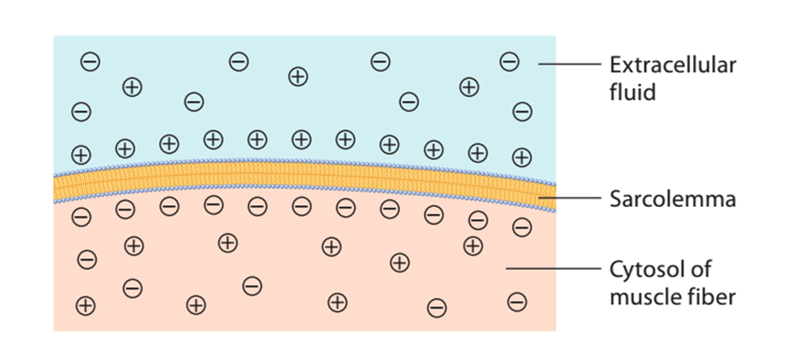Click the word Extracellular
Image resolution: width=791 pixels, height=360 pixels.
point(673,65)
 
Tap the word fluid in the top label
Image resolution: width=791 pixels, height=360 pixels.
point(633,93)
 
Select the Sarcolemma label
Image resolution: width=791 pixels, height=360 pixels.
point(672,200)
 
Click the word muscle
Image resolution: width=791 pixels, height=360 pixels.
point(643,296)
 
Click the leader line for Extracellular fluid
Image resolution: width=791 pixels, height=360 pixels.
point(570,64)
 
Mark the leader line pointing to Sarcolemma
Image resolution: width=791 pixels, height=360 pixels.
point(570,198)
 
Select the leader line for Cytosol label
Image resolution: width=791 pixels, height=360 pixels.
point(554,268)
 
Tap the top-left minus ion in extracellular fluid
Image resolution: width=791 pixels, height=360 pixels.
point(90,62)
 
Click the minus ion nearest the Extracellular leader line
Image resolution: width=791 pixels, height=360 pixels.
point(509,62)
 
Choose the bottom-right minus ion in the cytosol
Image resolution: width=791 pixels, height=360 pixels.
point(517,303)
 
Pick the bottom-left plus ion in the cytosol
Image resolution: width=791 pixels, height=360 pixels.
point(85,305)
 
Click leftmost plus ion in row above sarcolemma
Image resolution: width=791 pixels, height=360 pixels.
point(81,154)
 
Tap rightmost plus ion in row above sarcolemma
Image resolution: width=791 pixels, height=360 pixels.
point(522,157)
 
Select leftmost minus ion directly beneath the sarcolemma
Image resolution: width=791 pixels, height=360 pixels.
point(81,218)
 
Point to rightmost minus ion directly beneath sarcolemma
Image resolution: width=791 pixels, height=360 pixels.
point(522,227)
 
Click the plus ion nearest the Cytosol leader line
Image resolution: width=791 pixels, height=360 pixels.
point(473,246)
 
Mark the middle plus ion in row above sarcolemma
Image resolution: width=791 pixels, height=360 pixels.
point(301,138)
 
